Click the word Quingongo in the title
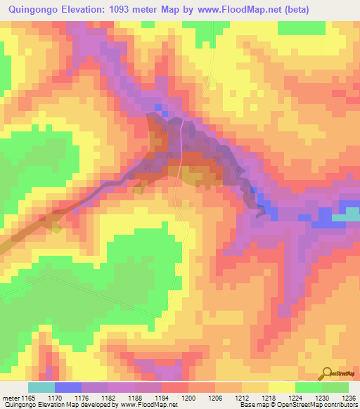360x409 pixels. click(30, 9)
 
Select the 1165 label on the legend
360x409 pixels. click(28, 397)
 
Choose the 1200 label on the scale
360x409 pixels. click(188, 397)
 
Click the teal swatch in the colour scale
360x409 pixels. click(41, 387)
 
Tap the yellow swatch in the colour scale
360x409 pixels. click(282, 387)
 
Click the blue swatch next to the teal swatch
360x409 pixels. click(68, 387)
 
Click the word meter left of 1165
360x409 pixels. click(10, 397)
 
